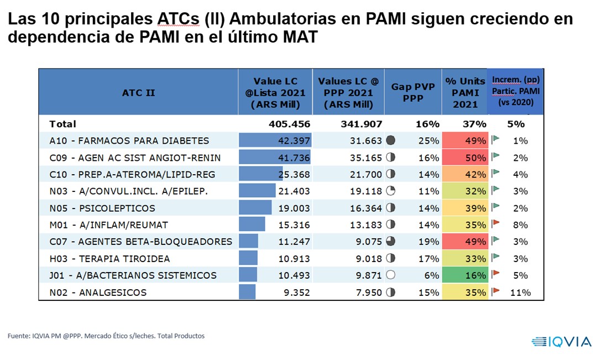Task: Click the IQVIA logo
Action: click(x=561, y=341)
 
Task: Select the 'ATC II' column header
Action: click(x=138, y=92)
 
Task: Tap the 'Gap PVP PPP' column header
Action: click(x=413, y=92)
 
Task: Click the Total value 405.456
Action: click(x=290, y=124)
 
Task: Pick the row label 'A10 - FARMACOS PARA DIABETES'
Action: click(x=129, y=140)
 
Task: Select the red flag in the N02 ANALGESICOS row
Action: click(x=496, y=291)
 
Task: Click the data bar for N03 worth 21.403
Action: click(x=257, y=191)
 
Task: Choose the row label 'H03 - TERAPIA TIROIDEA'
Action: click(x=109, y=259)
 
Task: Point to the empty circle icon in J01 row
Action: click(x=391, y=275)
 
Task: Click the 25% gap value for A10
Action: click(x=429, y=140)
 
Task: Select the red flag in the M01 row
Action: click(x=496, y=224)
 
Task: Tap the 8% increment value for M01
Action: click(x=520, y=225)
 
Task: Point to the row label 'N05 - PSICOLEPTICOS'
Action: click(x=102, y=208)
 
